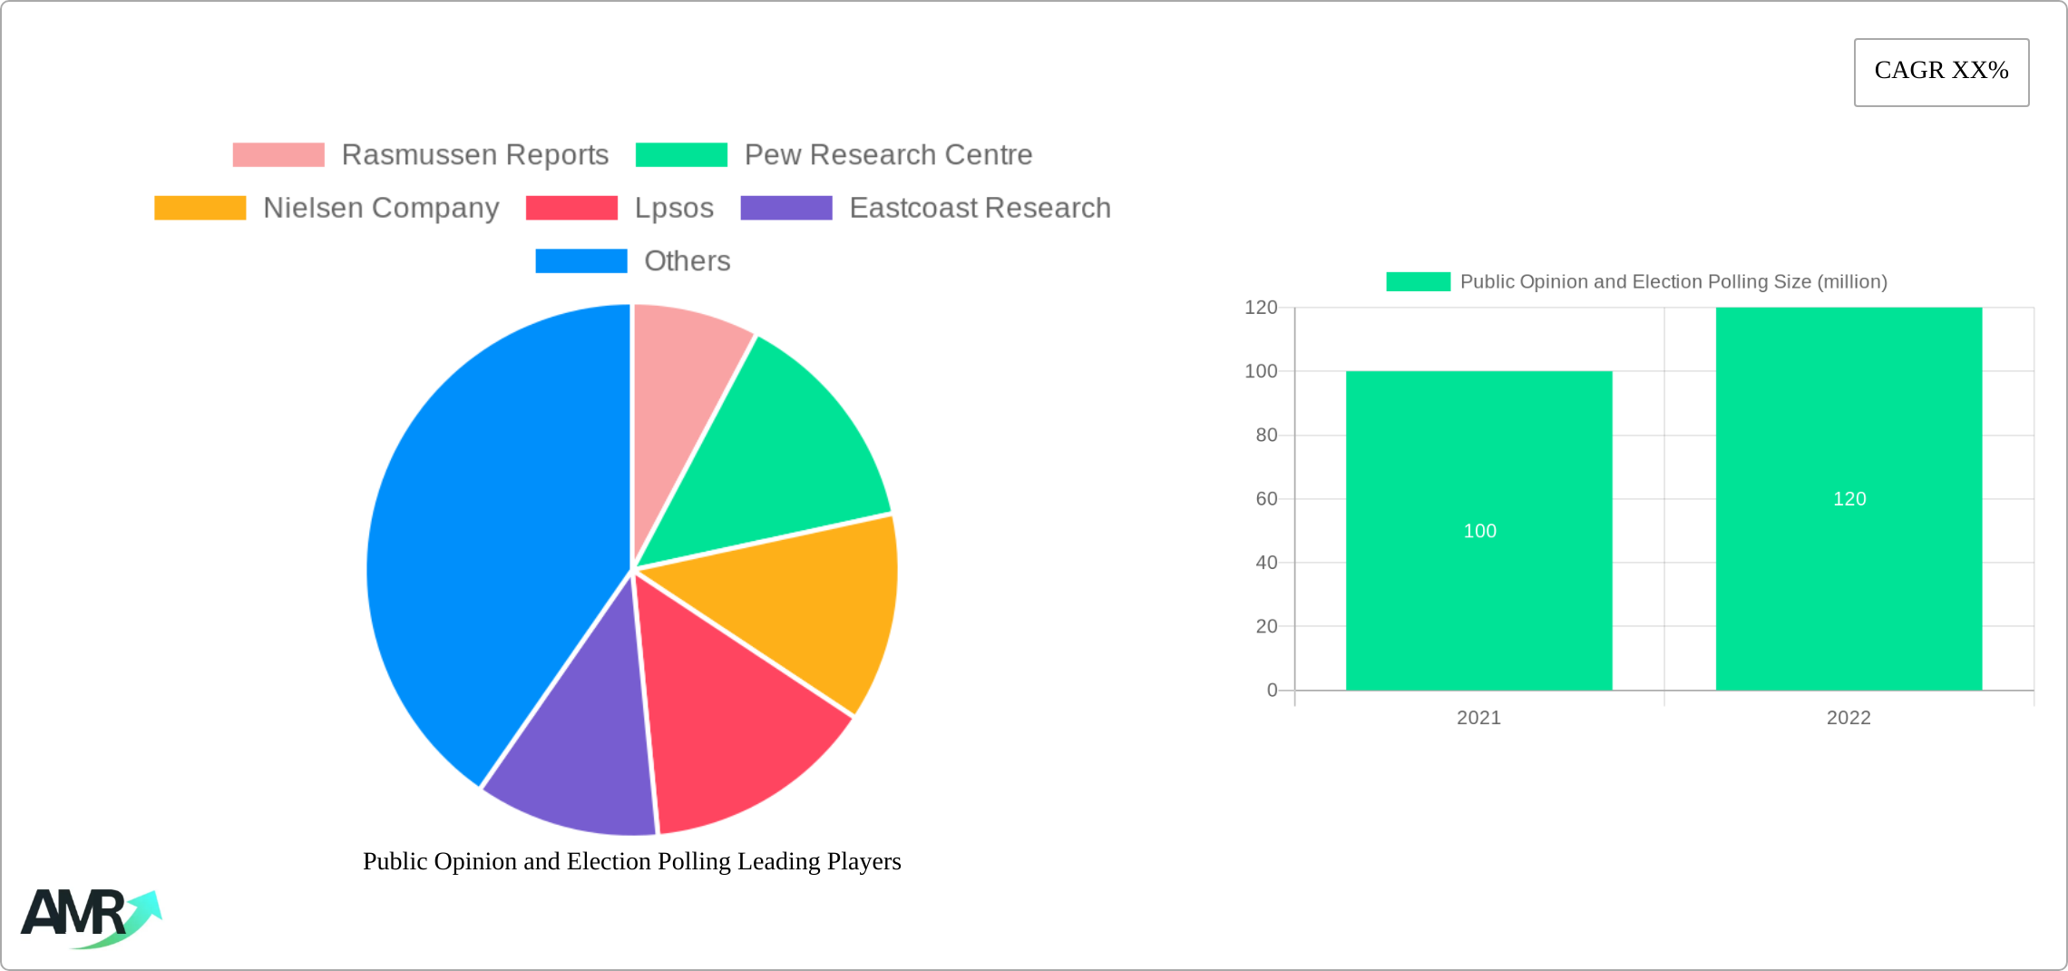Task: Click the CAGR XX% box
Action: pyautogui.click(x=1941, y=72)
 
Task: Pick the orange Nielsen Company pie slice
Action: pyautogui.click(x=807, y=608)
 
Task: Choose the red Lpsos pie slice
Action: pyautogui.click(x=735, y=726)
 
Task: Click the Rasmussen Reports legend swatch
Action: pyautogui.click(x=278, y=155)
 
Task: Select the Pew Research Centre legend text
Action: pyautogui.click(x=888, y=155)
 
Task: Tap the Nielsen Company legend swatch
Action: pyautogui.click(x=200, y=208)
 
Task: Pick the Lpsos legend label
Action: pyautogui.click(x=674, y=208)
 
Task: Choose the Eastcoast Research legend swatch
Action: pyautogui.click(x=786, y=208)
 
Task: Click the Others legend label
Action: pyautogui.click(x=687, y=261)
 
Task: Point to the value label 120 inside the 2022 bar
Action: pyautogui.click(x=1849, y=499)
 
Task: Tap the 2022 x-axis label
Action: pyautogui.click(x=1849, y=718)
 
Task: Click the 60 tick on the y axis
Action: pyautogui.click(x=1266, y=499)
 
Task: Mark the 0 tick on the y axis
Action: pyautogui.click(x=1272, y=691)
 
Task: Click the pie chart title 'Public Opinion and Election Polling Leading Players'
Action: pyautogui.click(x=631, y=861)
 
